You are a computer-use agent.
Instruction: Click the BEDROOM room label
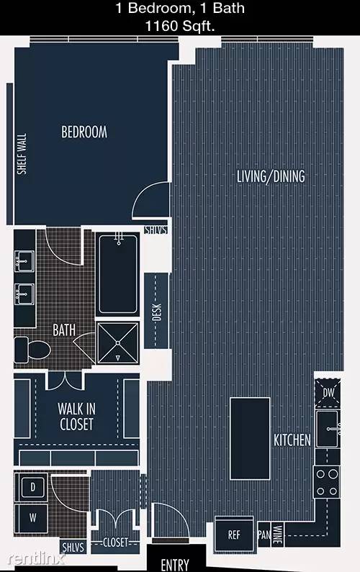point(84,132)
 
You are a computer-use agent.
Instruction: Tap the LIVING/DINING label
point(271,176)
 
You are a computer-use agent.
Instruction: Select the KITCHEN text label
point(292,440)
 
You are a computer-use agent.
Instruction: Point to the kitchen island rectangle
point(250,438)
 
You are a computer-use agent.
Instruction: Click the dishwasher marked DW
point(328,393)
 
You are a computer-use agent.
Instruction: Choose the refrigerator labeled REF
point(234,535)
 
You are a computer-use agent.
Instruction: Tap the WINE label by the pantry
point(278,535)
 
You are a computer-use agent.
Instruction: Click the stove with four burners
point(327,482)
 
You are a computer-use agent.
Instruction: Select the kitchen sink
point(328,429)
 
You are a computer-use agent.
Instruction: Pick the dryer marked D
point(33,487)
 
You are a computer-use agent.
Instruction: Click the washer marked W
point(33,517)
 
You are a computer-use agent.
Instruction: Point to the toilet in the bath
point(32,350)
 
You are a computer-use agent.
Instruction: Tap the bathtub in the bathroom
point(118,274)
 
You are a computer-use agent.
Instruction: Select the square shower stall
point(118,343)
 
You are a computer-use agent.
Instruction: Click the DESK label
point(157,312)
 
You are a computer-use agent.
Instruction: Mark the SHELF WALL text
point(22,153)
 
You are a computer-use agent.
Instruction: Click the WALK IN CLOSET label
point(76,417)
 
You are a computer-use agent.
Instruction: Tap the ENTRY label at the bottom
point(175,564)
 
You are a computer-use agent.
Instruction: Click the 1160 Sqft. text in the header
point(180,26)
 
